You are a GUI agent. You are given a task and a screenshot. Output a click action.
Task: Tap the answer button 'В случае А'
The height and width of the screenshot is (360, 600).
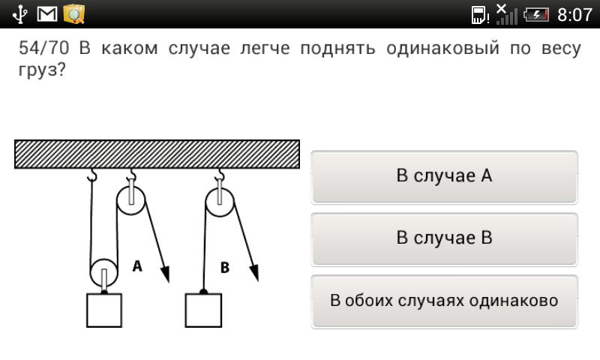point(444,177)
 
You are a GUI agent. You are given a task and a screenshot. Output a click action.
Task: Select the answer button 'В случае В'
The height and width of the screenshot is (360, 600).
point(444,239)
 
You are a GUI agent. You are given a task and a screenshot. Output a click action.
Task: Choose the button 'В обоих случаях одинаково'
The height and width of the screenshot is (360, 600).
point(444,301)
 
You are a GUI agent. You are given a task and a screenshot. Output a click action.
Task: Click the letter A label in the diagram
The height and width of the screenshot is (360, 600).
point(137,266)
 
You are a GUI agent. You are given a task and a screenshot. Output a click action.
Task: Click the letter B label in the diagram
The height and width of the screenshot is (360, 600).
point(225,268)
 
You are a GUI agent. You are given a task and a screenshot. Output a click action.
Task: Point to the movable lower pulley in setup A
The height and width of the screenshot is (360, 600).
point(103,273)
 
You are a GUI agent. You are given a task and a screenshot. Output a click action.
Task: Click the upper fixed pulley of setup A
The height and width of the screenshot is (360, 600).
point(130,200)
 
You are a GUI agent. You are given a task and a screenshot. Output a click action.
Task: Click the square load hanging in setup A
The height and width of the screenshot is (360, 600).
point(104,310)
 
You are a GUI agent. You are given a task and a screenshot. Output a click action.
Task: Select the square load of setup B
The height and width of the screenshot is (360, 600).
point(203,310)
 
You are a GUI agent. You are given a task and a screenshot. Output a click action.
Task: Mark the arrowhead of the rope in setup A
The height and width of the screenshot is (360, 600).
point(165,274)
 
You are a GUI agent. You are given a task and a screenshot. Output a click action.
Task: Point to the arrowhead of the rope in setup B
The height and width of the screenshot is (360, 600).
point(254,273)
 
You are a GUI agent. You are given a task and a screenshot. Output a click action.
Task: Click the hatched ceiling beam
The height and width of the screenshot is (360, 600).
point(157,154)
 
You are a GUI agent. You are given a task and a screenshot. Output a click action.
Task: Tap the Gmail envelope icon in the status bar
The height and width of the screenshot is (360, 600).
point(47,14)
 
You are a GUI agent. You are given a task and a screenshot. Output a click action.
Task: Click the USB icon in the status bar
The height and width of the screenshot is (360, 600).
point(19,14)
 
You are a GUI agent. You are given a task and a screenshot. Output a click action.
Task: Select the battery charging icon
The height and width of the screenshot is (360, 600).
point(536,15)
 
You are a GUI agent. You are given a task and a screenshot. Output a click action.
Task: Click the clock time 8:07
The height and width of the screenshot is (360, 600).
point(574,15)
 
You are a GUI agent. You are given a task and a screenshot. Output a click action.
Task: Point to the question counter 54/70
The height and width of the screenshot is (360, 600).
point(44,48)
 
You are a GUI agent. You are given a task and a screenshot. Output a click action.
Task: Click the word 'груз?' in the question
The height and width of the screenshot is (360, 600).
point(42,70)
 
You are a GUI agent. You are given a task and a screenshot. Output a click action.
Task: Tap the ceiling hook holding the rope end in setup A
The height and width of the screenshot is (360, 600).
point(91,175)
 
